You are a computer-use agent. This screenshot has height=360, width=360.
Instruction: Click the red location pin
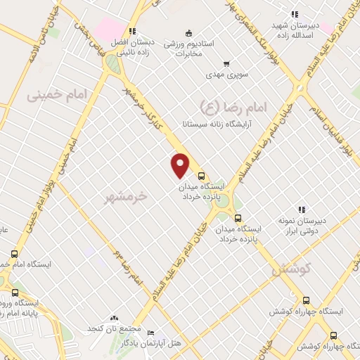tap(181, 165)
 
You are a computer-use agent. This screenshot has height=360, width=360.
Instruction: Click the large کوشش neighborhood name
tap(290, 267)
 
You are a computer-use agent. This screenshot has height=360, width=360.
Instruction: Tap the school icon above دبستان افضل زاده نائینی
tap(132, 32)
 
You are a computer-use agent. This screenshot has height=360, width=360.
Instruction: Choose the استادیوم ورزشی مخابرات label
tap(188, 47)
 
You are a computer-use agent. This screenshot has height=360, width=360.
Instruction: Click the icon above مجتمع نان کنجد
tap(114, 319)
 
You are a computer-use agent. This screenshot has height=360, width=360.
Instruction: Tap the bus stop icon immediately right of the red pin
tap(201, 176)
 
